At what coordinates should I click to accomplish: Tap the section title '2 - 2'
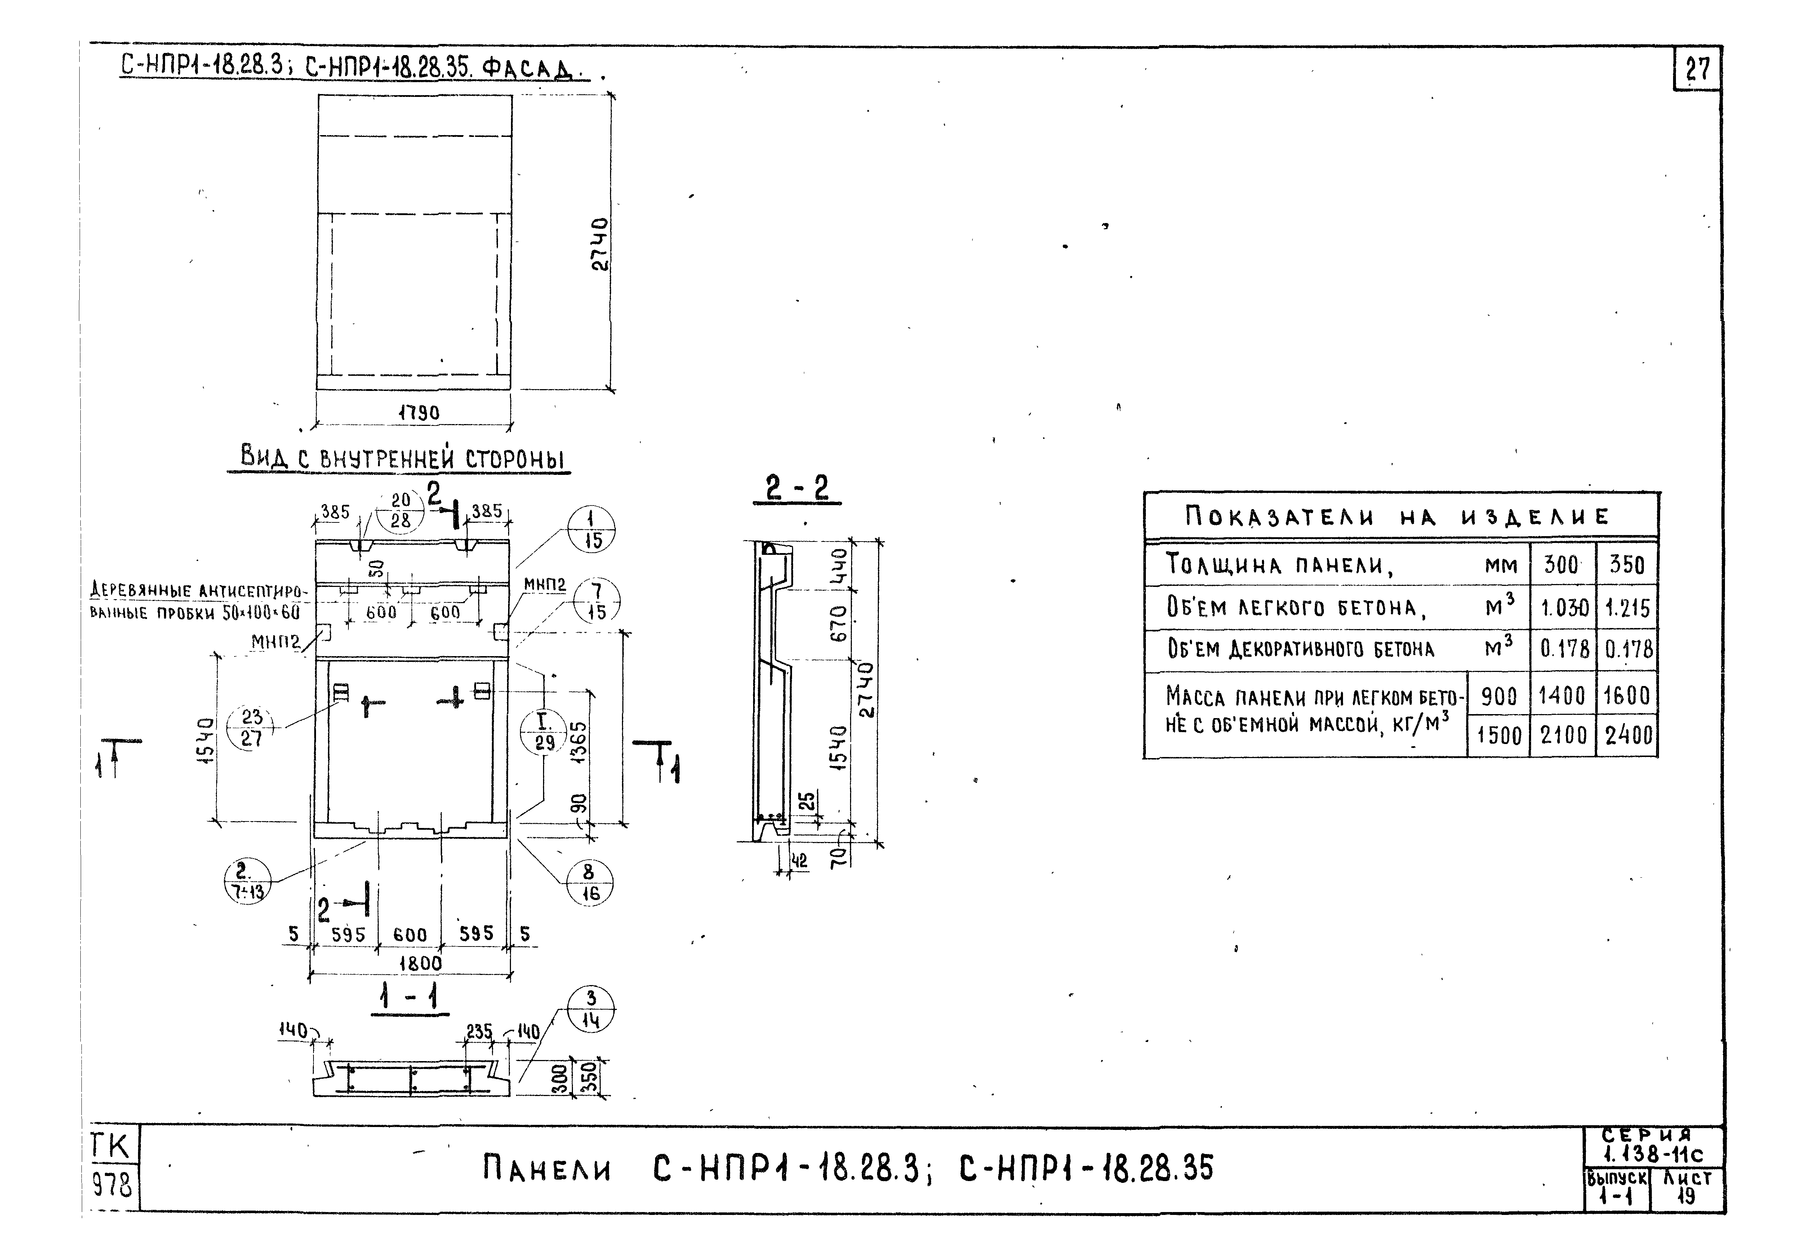tap(796, 488)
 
